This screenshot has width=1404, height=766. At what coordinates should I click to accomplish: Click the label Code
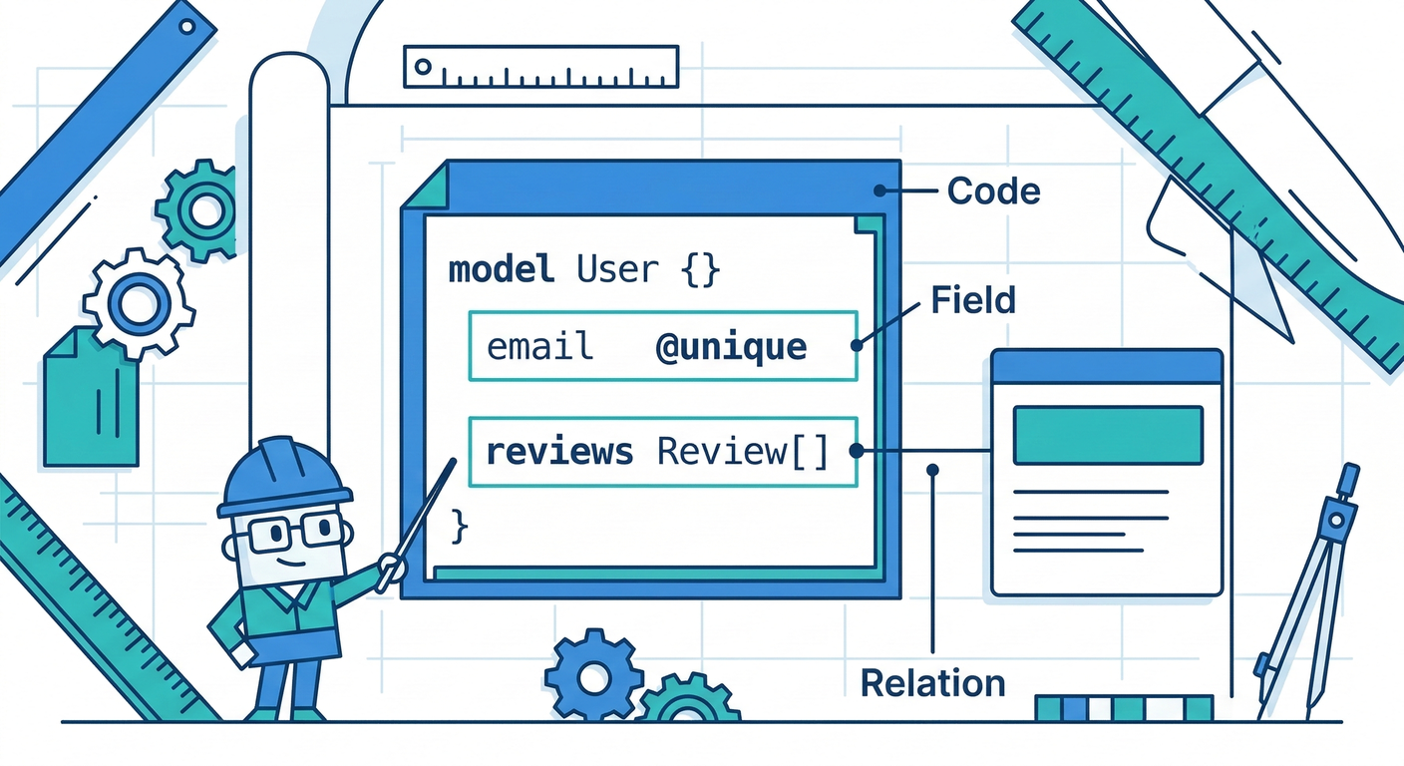point(993,191)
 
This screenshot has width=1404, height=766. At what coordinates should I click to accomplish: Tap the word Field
point(972,300)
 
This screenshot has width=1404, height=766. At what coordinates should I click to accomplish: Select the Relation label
point(932,683)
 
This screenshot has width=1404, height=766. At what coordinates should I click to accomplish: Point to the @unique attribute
point(731,347)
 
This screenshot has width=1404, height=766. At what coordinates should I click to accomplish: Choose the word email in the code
point(539,347)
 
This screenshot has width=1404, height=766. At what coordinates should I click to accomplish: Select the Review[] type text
point(743,452)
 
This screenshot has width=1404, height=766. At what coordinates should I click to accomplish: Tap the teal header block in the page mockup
point(1107,435)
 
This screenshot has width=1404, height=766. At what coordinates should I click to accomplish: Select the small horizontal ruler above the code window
point(540,67)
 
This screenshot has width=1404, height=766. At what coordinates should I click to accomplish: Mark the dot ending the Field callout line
point(856,346)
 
